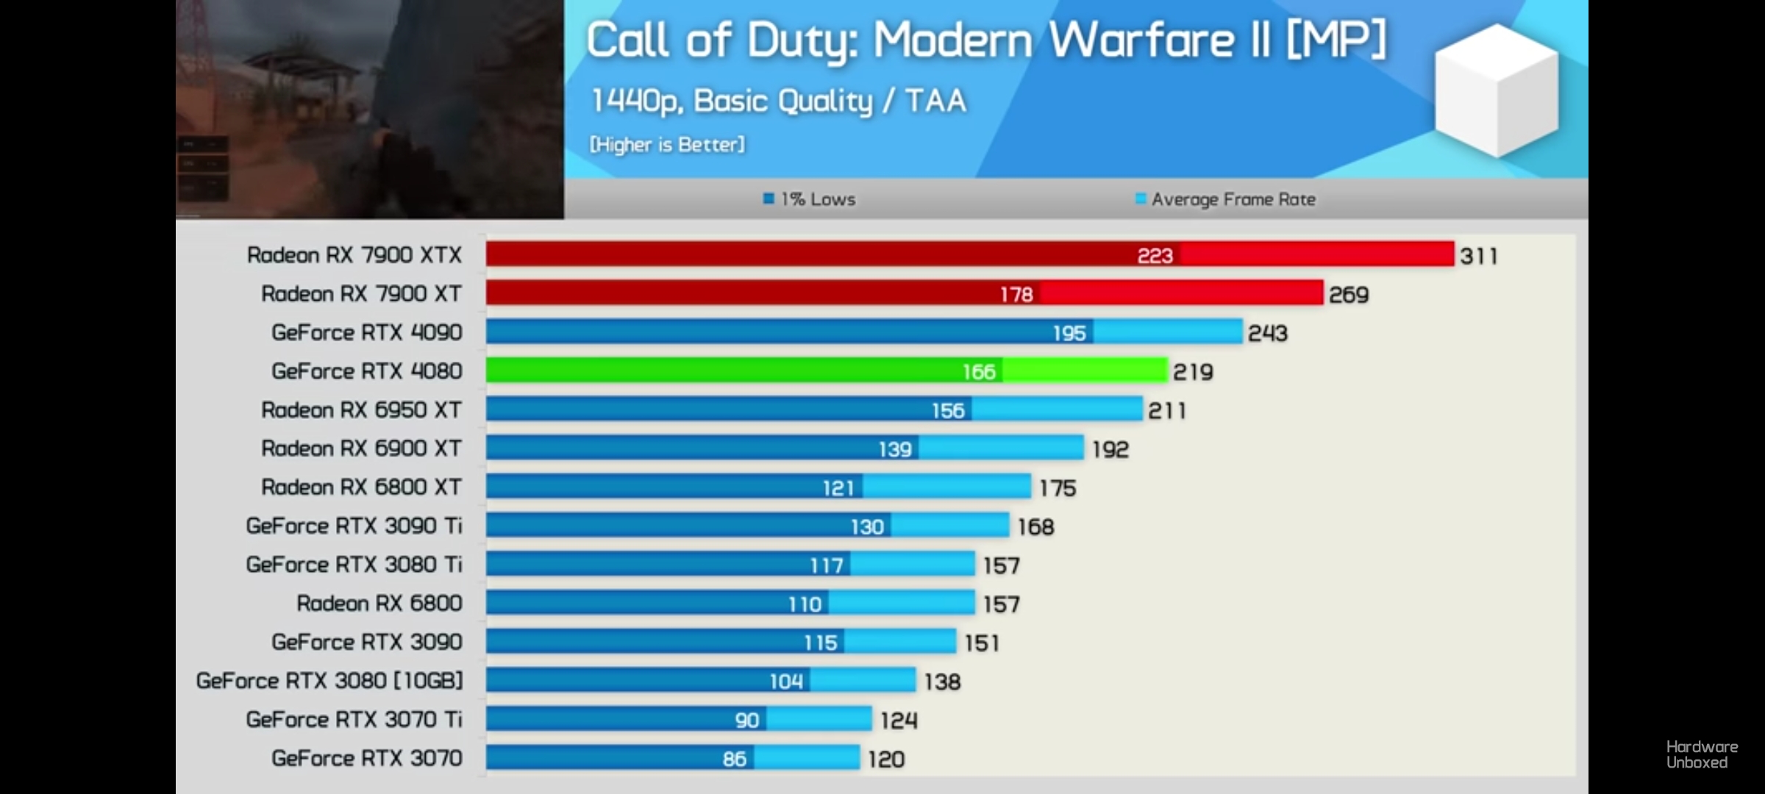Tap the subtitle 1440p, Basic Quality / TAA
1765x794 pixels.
(778, 101)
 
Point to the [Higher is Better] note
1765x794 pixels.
(667, 145)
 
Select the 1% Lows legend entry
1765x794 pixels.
(810, 199)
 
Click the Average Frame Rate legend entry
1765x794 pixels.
(1225, 199)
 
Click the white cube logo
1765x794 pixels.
(1496, 90)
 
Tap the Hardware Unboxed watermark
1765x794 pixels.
(1702, 754)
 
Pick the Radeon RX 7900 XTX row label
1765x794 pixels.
(354, 255)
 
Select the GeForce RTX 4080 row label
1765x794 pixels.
(366, 371)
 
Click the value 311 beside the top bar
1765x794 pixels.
(1478, 256)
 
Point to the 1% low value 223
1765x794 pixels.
(1155, 256)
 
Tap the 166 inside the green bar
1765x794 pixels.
(979, 372)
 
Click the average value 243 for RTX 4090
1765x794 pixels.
(1267, 333)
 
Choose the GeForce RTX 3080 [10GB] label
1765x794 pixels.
(329, 681)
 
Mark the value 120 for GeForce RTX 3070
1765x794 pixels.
(885, 759)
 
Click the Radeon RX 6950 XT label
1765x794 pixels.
(361, 410)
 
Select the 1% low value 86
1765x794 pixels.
(734, 759)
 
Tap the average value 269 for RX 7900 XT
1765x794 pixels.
(1348, 295)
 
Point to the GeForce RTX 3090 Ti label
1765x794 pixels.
(354, 526)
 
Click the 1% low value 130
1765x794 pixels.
(867, 527)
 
